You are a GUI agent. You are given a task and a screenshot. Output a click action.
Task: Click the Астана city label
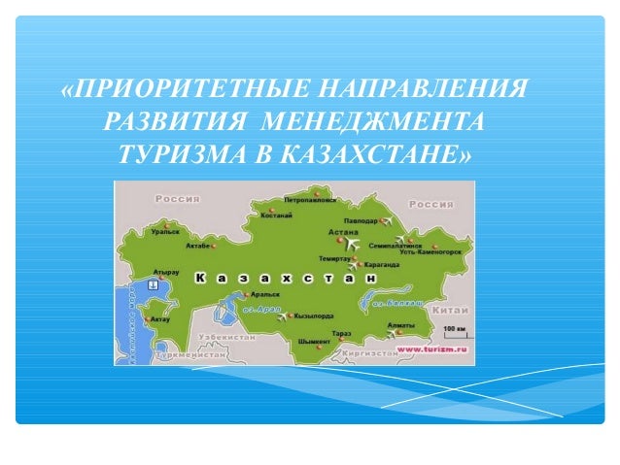coord(342,233)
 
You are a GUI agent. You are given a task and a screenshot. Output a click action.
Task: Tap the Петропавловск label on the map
coord(309,199)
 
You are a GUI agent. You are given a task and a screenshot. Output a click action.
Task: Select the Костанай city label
coord(276,215)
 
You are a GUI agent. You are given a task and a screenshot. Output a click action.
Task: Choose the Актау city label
coord(160,318)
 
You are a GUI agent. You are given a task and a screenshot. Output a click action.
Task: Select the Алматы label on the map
coord(400,324)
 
